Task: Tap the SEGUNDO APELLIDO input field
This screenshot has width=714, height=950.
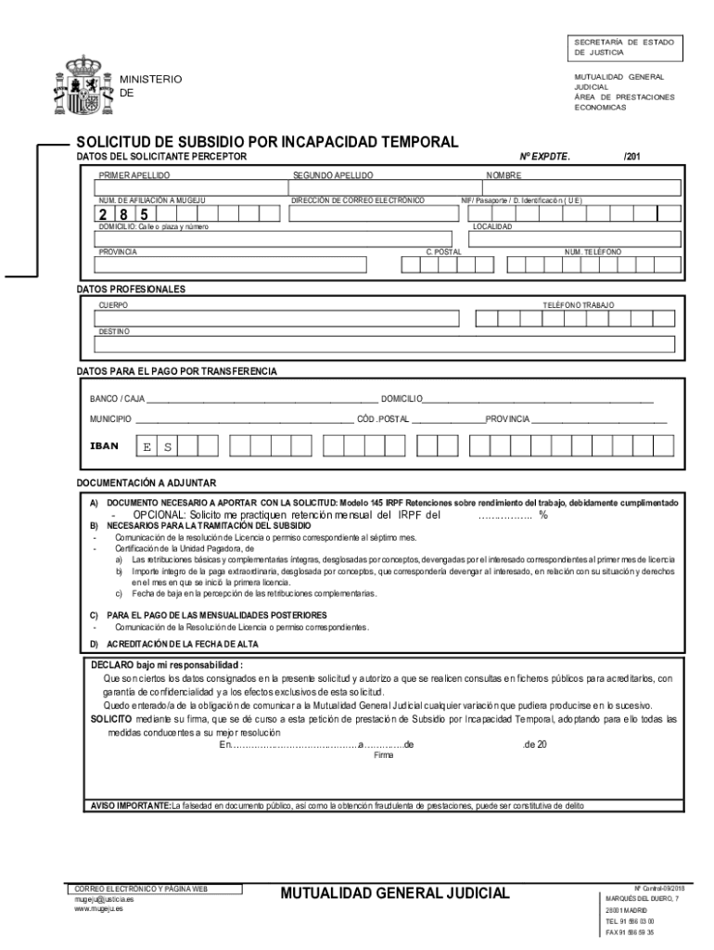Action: [376, 187]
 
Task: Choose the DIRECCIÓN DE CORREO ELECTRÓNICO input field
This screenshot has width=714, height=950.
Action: [373, 214]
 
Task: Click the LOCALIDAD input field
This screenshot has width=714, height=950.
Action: [576, 239]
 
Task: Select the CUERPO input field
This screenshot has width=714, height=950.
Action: [276, 319]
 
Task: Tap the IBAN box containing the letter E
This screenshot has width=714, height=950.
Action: [147, 447]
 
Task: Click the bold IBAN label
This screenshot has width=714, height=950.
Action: [104, 446]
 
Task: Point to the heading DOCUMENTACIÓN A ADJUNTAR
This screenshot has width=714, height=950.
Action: [146, 483]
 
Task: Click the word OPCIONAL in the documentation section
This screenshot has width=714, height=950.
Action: [159, 515]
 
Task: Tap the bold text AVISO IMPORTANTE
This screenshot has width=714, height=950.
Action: [130, 805]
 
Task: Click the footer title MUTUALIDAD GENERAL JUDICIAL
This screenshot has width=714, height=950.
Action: [395, 893]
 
